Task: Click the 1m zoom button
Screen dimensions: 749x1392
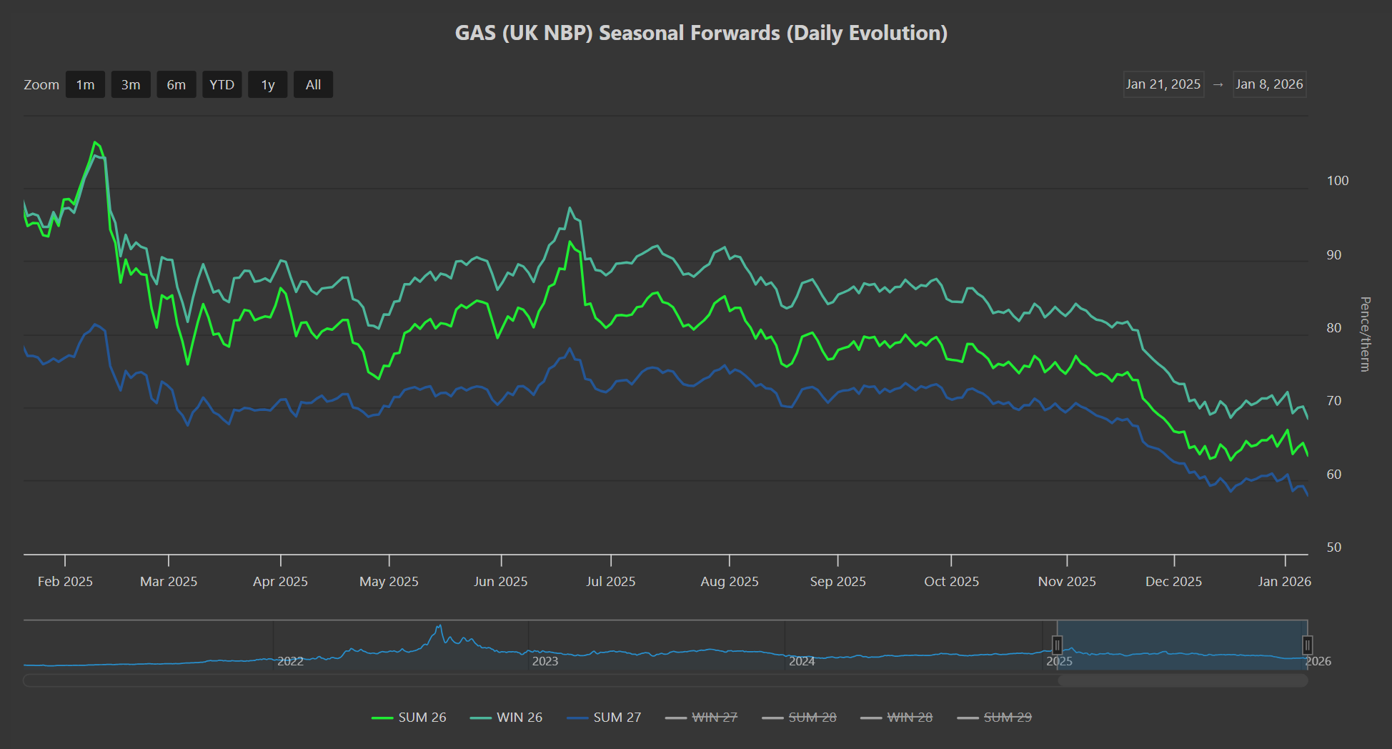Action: click(85, 84)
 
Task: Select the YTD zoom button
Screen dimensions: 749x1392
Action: click(222, 84)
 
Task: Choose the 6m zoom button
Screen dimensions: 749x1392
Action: click(176, 84)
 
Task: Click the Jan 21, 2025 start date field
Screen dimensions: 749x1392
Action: click(1163, 84)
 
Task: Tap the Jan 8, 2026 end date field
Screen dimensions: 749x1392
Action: click(1269, 84)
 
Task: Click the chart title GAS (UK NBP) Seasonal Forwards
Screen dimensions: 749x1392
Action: click(701, 33)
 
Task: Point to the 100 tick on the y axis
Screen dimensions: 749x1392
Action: click(1337, 181)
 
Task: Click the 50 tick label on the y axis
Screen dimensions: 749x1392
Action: click(1333, 547)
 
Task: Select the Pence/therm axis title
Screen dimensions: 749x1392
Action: click(1365, 334)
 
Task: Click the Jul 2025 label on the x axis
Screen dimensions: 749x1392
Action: click(610, 582)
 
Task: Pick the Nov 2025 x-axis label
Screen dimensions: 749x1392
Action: click(1066, 582)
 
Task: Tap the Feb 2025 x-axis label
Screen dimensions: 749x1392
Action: click(65, 582)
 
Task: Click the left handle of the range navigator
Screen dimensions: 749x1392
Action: click(1057, 645)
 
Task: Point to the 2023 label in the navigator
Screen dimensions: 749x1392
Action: click(545, 661)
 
